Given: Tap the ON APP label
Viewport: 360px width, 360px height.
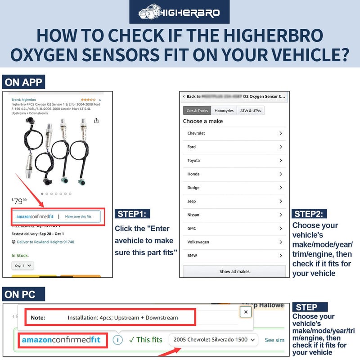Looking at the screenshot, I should (x=23, y=82).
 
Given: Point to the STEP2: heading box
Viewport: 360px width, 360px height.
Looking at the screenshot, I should (x=310, y=214).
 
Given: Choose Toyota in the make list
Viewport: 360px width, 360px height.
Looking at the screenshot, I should (x=193, y=161).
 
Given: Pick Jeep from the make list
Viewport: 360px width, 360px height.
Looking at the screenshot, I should (x=192, y=201).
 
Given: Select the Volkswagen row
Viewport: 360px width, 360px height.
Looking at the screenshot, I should (x=198, y=242).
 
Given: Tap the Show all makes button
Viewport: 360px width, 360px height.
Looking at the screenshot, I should (x=234, y=271).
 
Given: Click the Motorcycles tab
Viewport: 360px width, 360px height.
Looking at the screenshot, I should (x=224, y=111).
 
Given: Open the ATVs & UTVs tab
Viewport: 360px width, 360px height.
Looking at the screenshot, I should (x=251, y=111).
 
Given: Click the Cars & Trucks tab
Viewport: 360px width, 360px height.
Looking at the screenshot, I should (x=197, y=111).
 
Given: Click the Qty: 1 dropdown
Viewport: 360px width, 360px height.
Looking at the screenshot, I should (x=23, y=265).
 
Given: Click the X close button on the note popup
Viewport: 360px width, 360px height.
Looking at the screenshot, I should (x=245, y=311).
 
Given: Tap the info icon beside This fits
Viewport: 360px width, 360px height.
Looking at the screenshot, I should (x=117, y=340).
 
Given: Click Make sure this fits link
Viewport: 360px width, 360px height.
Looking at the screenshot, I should (x=78, y=216).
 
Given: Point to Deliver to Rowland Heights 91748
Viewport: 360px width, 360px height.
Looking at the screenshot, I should (x=45, y=242).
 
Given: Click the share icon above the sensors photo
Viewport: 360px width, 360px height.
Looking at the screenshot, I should (x=96, y=121).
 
